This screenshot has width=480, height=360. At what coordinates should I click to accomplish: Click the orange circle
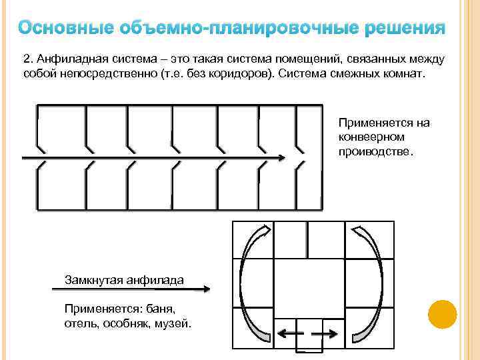[442, 314]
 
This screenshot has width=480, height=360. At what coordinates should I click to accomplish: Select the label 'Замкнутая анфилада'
[124, 279]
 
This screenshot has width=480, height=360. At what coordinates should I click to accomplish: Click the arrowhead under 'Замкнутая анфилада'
[206, 289]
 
